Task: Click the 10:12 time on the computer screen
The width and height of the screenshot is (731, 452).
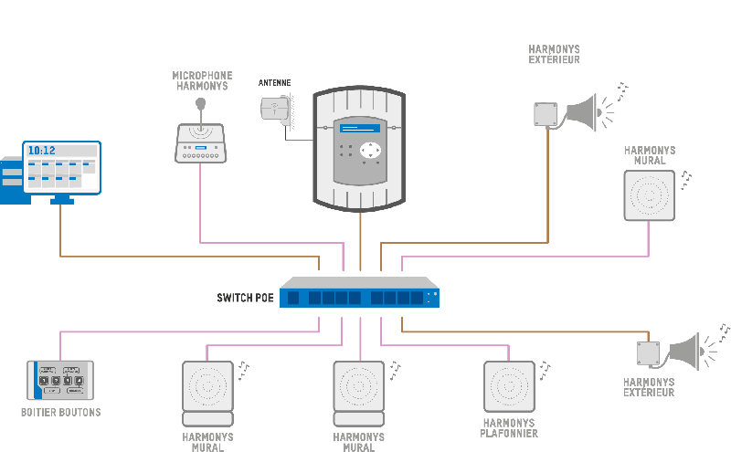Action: tap(41, 150)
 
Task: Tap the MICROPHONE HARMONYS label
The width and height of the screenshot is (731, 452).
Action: tap(202, 80)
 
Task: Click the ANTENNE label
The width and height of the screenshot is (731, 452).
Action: tap(274, 82)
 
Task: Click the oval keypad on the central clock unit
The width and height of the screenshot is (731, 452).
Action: tap(370, 150)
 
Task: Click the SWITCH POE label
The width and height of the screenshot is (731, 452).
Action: tap(245, 298)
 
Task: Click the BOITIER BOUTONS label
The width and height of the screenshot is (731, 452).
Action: tap(60, 413)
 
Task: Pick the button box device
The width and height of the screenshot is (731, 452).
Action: tap(60, 380)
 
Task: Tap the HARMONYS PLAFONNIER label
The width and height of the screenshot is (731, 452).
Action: tap(508, 428)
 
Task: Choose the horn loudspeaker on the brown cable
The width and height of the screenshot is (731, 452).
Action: tap(581, 111)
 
